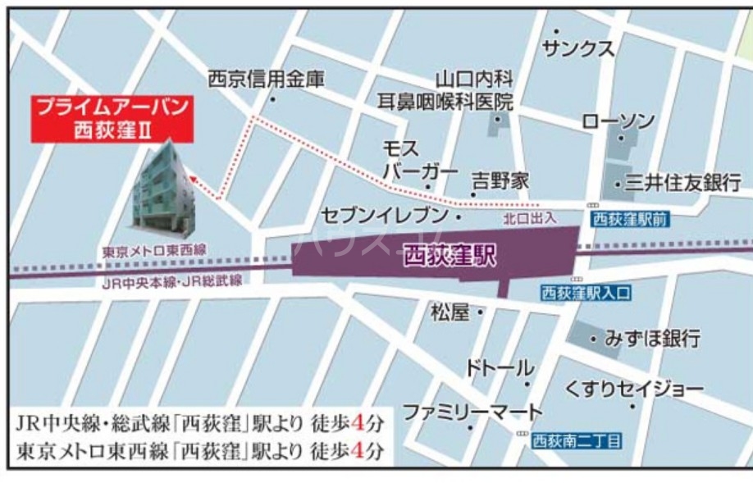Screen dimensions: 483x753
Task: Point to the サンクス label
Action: (577, 49)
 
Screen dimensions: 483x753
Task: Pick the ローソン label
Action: (618, 121)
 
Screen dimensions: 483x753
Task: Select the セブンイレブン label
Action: (385, 216)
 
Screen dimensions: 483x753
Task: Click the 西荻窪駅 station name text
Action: (450, 255)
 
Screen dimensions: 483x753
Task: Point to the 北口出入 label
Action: (531, 218)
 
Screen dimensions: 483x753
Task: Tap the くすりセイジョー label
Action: (633, 388)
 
